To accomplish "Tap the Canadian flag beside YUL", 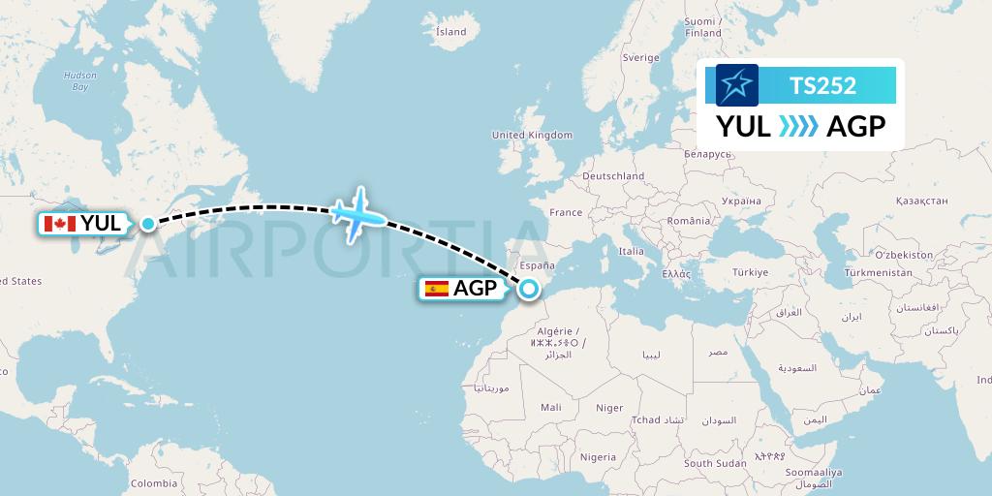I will tap(60, 224).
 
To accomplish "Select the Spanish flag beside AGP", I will tap(436, 288).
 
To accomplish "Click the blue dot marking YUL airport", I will tap(147, 224).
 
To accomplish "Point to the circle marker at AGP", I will tap(529, 288).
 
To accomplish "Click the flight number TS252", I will tap(822, 85).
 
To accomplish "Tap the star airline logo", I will tap(736, 85).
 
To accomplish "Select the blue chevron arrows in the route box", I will tap(798, 127).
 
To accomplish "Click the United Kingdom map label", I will tap(532, 135).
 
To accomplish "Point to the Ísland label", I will tap(450, 32).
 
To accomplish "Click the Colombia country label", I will tap(154, 482).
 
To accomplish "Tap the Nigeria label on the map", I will tap(598, 456).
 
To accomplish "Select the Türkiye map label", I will tap(750, 272).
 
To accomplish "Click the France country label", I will tap(566, 212).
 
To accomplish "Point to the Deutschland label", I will tap(613, 176).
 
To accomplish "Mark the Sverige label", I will tap(640, 57).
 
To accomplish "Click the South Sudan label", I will tap(715, 463).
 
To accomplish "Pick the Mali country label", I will tap(551, 408).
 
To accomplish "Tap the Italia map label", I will tap(631, 251).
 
